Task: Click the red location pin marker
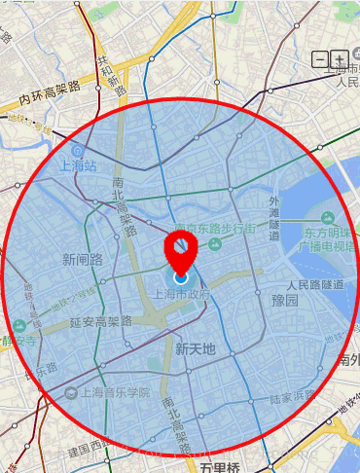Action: pos(181,250)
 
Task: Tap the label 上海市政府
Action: pos(181,294)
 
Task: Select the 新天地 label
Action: pos(195,347)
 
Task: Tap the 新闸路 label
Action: pos(82,259)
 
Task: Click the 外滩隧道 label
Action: pos(273,219)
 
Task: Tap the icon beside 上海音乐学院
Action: pos(71,393)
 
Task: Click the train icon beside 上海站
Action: pos(77,152)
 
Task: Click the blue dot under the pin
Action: pos(181,278)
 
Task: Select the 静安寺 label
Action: pos(18,342)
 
